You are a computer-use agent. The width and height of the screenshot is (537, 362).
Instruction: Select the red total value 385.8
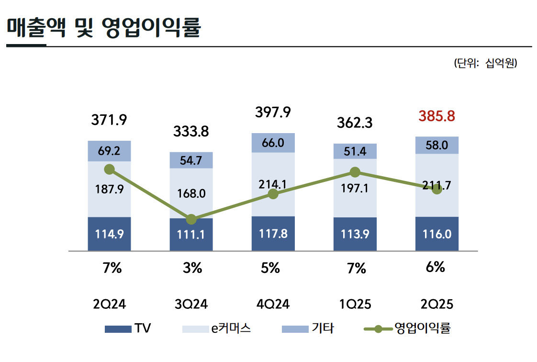pos(436,116)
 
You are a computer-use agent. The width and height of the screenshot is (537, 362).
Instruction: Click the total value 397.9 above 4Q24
pos(273,113)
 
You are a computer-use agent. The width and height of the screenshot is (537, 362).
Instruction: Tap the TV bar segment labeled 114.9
pos(109,234)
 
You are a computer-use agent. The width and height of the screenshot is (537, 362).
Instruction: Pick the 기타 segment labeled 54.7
pos(191,160)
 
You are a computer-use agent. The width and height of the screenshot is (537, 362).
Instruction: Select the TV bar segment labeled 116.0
pos(436,234)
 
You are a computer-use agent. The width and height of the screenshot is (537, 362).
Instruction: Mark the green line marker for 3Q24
pos(191,219)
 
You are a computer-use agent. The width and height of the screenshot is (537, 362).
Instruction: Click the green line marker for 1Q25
pos(355,172)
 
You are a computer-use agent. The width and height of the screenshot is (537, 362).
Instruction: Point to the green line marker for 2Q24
pos(109,169)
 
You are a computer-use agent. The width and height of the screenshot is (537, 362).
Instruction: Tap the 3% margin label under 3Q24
pos(191,269)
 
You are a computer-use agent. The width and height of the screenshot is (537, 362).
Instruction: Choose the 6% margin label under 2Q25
pos(436,267)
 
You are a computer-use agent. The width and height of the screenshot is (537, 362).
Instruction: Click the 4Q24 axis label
pos(273,304)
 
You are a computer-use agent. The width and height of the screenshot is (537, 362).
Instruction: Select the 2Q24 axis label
pos(109,304)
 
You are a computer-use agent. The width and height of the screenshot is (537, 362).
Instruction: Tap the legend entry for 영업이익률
pos(407,329)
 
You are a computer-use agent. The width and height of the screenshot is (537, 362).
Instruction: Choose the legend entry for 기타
pos(308,329)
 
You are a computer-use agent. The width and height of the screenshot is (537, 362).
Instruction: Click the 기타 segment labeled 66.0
pos(273,143)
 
